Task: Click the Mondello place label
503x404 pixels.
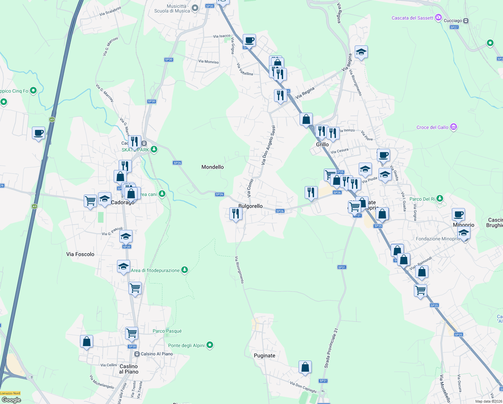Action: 212,167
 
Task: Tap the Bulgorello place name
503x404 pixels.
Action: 250,206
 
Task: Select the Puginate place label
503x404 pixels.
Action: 265,356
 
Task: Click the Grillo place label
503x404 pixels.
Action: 322,144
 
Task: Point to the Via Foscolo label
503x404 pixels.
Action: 80,254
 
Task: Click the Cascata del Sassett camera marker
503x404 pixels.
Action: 438,18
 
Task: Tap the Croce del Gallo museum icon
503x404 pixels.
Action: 454,127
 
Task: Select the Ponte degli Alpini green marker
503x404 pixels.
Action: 210,345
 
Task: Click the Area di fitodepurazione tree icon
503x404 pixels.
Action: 184,270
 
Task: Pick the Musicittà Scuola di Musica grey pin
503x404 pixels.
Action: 195,8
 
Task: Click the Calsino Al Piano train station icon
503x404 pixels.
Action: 137,354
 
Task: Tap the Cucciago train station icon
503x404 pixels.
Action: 466,21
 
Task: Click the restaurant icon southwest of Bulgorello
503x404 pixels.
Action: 236,213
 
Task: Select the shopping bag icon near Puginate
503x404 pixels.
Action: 305,367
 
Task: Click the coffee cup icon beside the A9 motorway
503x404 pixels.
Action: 39,133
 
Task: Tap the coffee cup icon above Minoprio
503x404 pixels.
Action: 458,214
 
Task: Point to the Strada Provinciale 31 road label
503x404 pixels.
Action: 331,348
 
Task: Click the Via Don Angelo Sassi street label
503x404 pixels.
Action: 268,145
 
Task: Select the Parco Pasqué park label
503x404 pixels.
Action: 167,331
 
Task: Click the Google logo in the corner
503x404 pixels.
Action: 11,400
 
